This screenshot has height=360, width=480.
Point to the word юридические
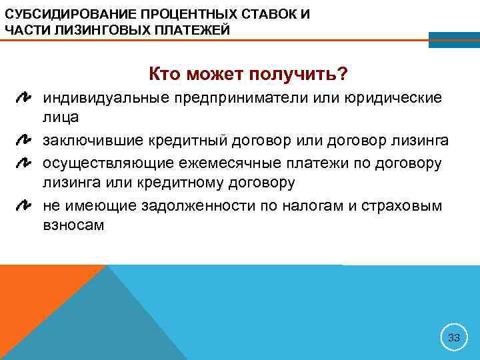click(x=393, y=99)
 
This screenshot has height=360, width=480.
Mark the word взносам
click(x=74, y=225)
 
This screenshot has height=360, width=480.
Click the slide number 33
click(x=454, y=337)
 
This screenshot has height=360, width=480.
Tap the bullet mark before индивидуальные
click(x=24, y=99)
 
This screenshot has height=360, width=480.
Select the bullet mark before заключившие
click(x=24, y=141)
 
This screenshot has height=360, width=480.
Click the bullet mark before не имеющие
click(x=24, y=205)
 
